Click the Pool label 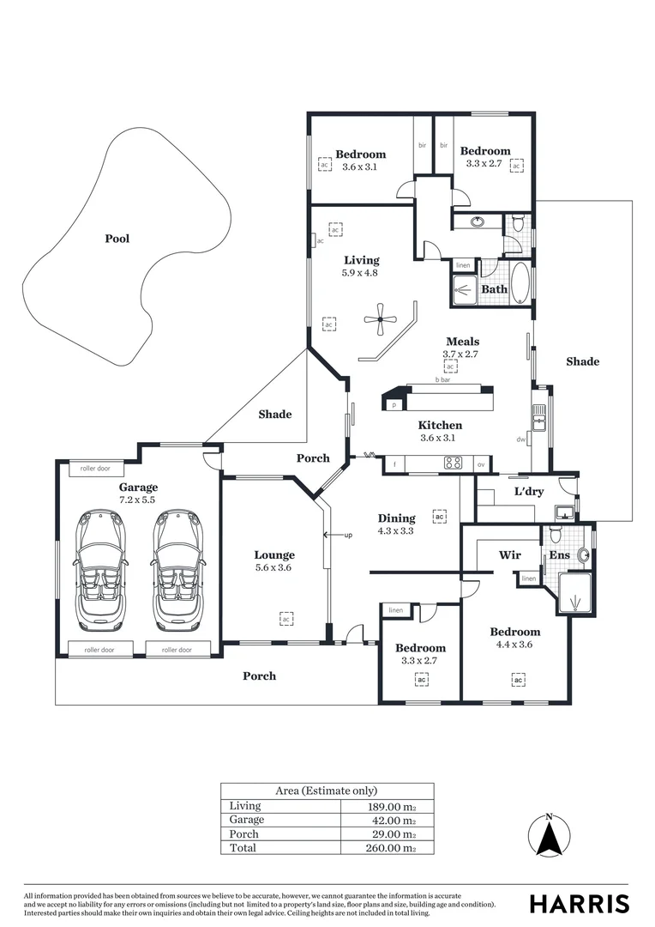tap(117, 239)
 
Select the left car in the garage tap(99, 572)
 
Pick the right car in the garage tap(177, 572)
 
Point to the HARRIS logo tap(579, 904)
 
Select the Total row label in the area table tap(243, 848)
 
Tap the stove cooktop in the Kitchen tap(453, 463)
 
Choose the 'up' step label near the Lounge tap(348, 536)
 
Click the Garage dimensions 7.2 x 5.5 tap(138, 500)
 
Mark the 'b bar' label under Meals tap(442, 379)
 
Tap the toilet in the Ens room tap(556, 534)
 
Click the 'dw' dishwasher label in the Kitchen tap(521, 439)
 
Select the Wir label tap(510, 554)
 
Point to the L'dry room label tap(529, 491)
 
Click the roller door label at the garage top tap(95, 469)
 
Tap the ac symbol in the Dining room tap(439, 517)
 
